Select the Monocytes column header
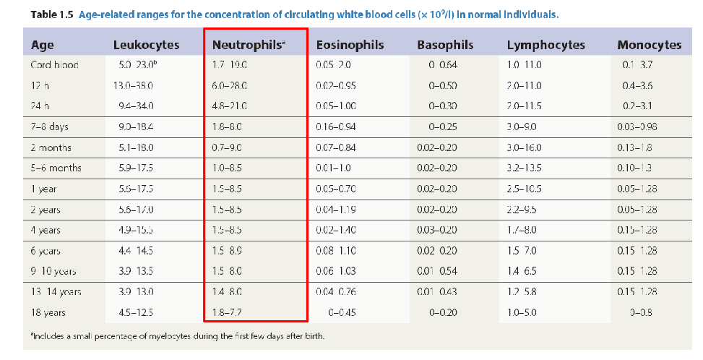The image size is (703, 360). coord(649,45)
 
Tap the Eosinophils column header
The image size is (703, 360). coord(350,45)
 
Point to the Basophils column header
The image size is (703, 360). coord(445,45)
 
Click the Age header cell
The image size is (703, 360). coord(43,45)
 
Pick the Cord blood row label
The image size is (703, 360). coord(54,65)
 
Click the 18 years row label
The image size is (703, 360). coord(49,313)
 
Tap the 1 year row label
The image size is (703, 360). coord(45,189)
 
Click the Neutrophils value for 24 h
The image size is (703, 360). coord(230,106)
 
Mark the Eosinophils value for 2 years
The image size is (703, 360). coord(337,210)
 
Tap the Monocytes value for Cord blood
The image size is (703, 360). coord(637,65)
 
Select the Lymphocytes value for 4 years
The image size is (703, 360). coord(522,231)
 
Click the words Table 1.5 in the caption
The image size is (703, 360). coord(49,14)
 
